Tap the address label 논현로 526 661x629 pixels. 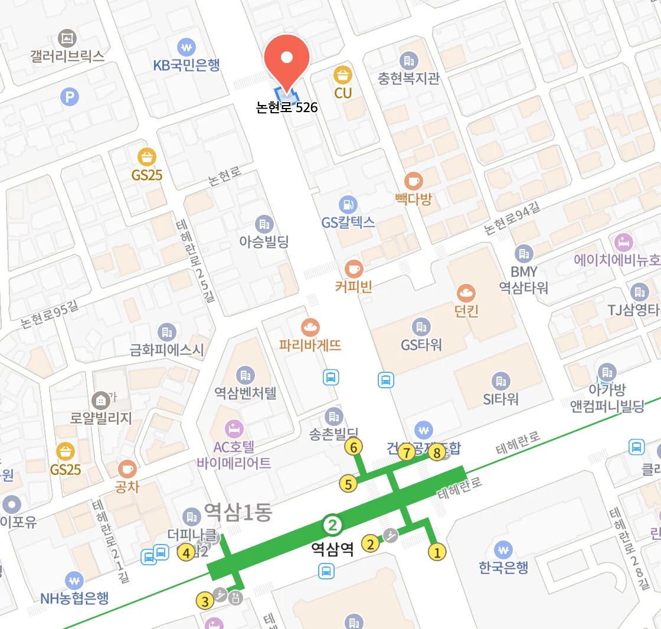pyautogui.click(x=287, y=107)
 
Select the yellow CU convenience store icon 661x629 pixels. pyautogui.click(x=343, y=75)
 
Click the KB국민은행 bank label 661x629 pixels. pyautogui.click(x=186, y=65)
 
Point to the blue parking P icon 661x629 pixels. pyautogui.click(x=70, y=96)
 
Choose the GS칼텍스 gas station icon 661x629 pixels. pyautogui.click(x=348, y=205)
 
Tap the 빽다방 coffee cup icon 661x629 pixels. pyautogui.click(x=413, y=181)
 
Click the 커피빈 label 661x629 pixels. pyautogui.click(x=354, y=287)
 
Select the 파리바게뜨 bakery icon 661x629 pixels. pyautogui.click(x=310, y=326)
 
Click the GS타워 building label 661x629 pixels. pyautogui.click(x=421, y=345)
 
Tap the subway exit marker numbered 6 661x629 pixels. pyautogui.click(x=354, y=448)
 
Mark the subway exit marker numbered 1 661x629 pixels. pyautogui.click(x=437, y=552)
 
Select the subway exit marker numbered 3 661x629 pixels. pyautogui.click(x=205, y=601)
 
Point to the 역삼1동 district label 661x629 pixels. pyautogui.click(x=238, y=512)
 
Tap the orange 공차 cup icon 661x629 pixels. pyautogui.click(x=127, y=469)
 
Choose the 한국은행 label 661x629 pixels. pyautogui.click(x=503, y=567)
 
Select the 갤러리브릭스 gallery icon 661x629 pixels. pyautogui.click(x=68, y=39)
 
